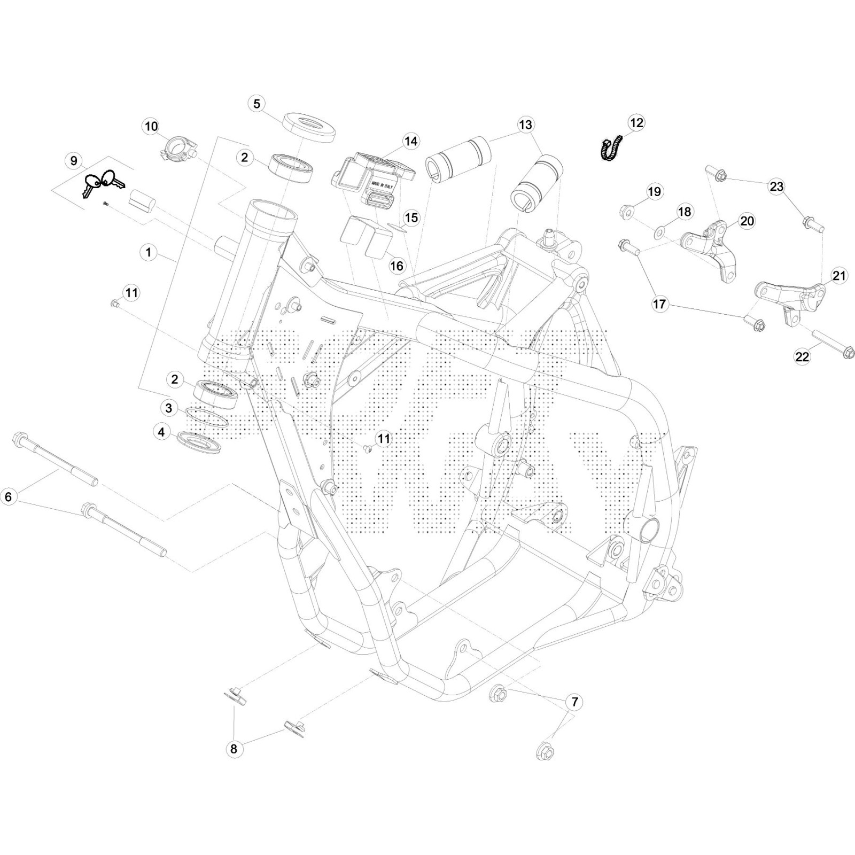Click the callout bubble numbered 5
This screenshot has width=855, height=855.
tap(257, 103)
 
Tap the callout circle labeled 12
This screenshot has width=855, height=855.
tap(636, 122)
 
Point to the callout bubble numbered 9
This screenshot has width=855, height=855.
tap(74, 160)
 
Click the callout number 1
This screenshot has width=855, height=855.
tap(149, 252)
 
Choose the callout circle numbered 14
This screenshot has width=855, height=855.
tap(410, 141)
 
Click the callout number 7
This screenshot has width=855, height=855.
tap(574, 702)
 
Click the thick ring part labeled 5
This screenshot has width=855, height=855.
tap(309, 127)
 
